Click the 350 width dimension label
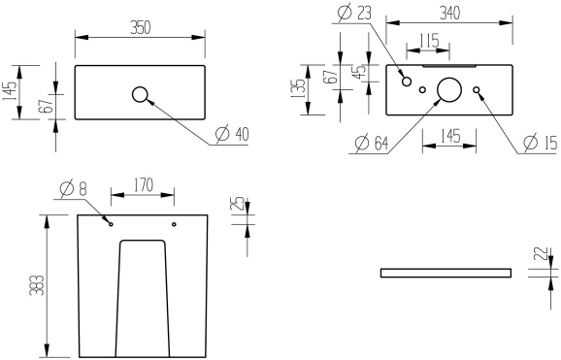(141, 28)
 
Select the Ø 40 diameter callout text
(227, 134)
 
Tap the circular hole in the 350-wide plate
(140, 94)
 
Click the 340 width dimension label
(448, 13)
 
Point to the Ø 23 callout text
(355, 13)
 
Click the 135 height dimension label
(300, 89)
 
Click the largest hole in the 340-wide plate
(449, 89)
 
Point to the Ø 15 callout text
(539, 144)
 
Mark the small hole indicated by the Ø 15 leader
(477, 90)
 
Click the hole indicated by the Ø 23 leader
(407, 82)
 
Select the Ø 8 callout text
(74, 186)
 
